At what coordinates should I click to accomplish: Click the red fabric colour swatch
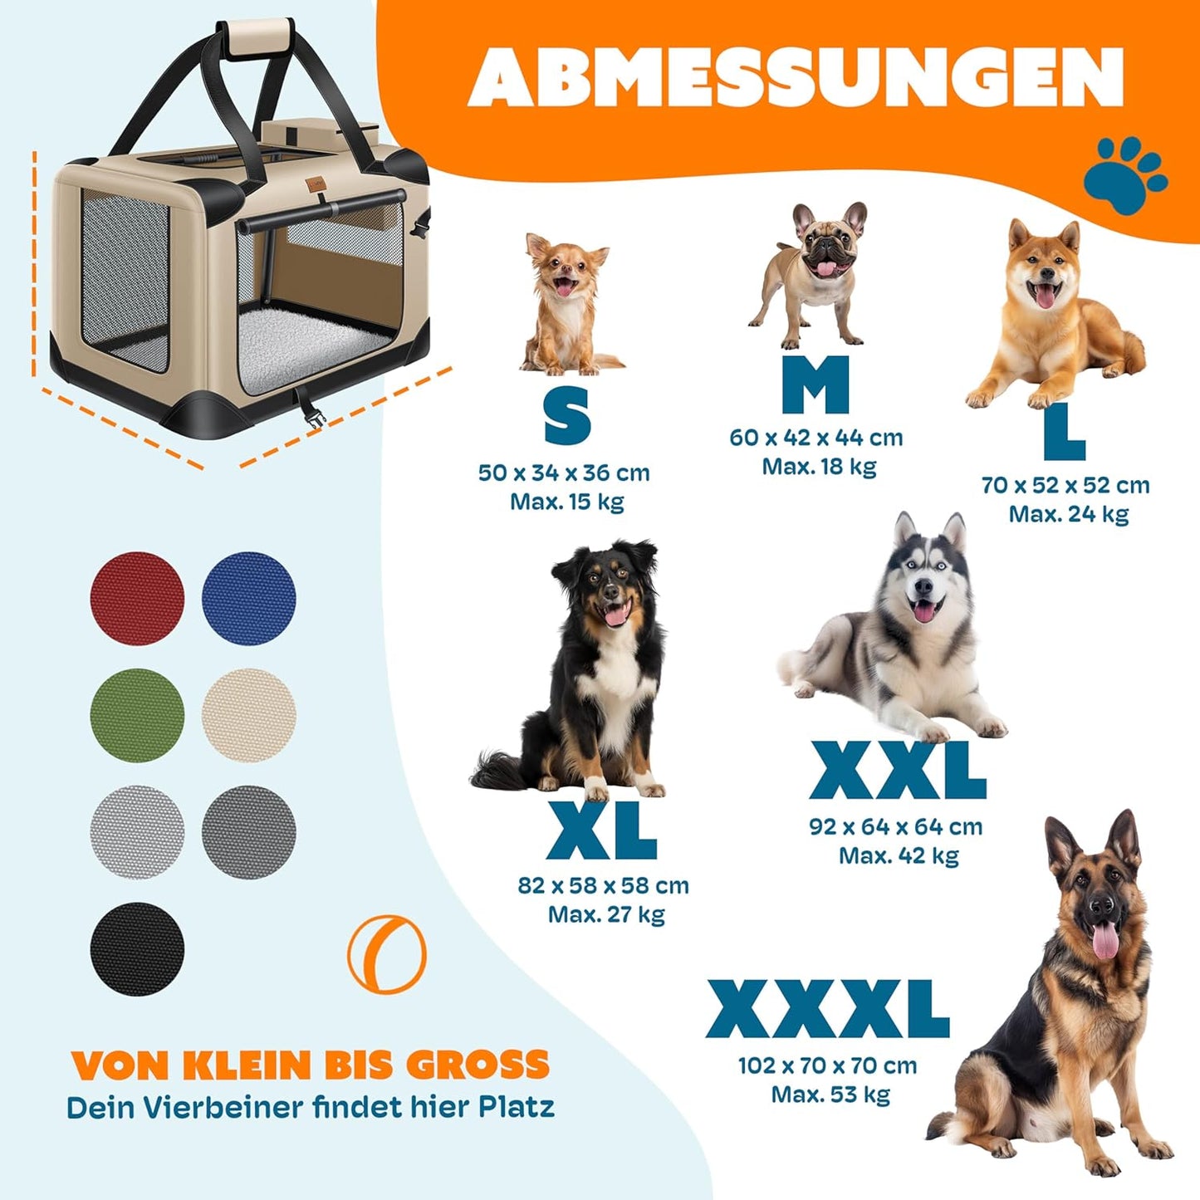point(137,598)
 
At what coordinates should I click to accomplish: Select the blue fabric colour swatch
point(248,598)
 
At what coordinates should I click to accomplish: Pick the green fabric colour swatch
point(137,715)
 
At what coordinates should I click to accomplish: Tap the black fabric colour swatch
point(137,948)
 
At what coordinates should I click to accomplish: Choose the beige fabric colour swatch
point(248,715)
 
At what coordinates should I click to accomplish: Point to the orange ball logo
point(387,954)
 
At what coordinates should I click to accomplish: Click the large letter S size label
point(567,417)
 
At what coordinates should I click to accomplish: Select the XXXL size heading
point(827,1009)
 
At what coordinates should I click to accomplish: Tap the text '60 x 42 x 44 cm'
point(816,438)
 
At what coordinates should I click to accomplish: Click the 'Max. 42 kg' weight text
point(899,855)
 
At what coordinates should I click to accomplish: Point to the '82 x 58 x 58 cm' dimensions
point(603,885)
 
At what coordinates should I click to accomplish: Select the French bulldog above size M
point(814,274)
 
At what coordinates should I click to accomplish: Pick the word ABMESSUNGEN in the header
point(796,76)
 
